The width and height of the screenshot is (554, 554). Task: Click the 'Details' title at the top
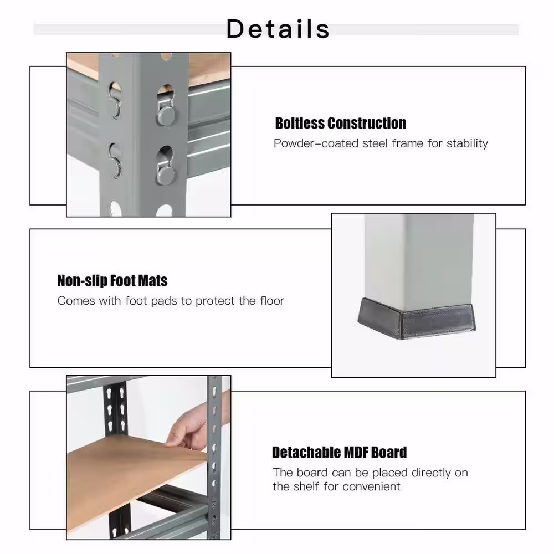coord(278,28)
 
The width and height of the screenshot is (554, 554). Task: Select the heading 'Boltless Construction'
coord(340,123)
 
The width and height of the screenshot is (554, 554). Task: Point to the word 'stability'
coord(468,143)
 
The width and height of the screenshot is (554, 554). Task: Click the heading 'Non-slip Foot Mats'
coord(112,281)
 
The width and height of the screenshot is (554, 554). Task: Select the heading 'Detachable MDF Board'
coord(339,453)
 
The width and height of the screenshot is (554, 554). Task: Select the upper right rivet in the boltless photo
coord(166,114)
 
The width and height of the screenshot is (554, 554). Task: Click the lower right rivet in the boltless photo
coord(166,174)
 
